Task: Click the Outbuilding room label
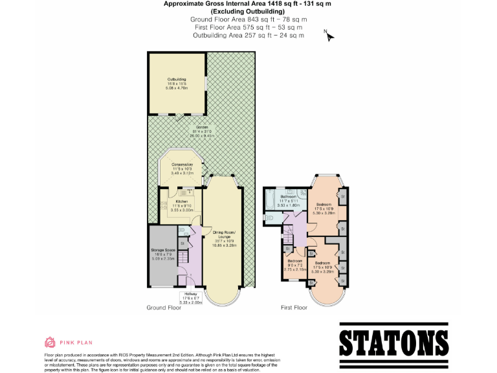[x=177, y=83]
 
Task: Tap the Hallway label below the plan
[x=191, y=297]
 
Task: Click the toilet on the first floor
[x=289, y=192]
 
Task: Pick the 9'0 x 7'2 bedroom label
[x=295, y=264]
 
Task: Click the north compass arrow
[x=330, y=36]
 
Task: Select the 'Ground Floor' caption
[x=163, y=308]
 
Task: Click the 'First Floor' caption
[x=293, y=308]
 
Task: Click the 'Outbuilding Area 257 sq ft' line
[x=248, y=35]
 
